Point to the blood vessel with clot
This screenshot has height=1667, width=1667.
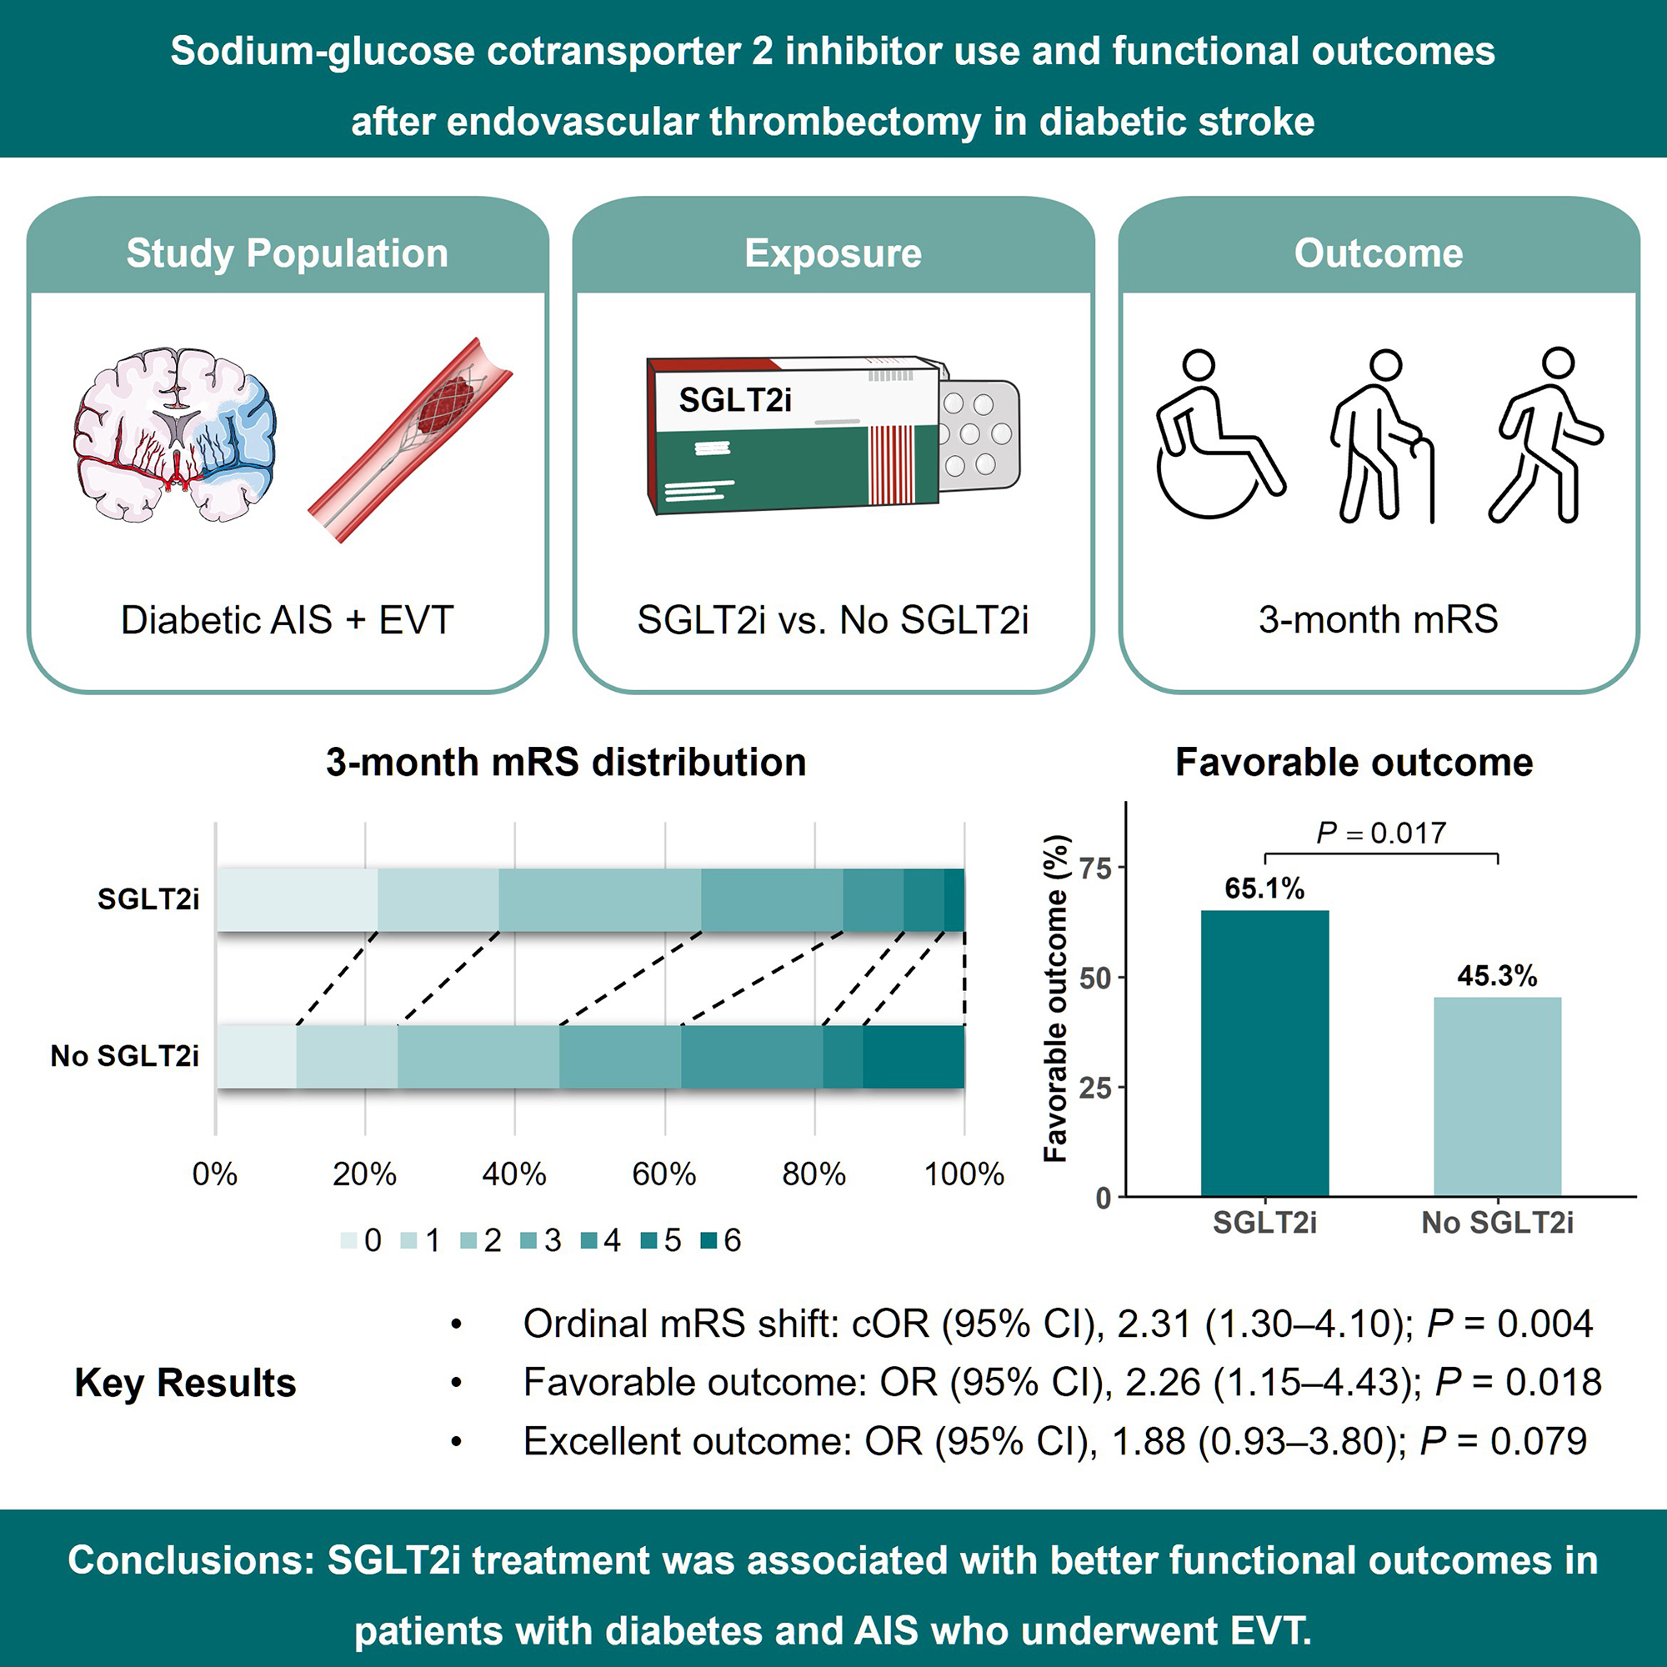411,440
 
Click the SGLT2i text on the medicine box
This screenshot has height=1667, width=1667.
734,399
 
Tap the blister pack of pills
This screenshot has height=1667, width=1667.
979,435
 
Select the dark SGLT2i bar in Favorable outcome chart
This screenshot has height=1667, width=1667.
1265,1053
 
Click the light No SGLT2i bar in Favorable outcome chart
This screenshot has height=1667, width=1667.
1497,1097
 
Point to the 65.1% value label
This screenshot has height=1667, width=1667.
1265,888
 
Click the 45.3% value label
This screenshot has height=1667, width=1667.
1497,976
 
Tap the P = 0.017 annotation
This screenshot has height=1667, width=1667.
1381,833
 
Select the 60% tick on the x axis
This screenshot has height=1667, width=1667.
664,1174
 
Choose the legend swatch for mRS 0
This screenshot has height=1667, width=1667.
348,1241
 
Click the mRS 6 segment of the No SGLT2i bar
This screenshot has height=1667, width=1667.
914,1057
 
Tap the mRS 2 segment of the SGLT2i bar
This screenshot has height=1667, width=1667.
599,900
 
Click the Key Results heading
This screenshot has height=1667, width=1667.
186,1382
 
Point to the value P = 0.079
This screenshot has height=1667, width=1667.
1503,1441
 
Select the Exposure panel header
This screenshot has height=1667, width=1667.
833,253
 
